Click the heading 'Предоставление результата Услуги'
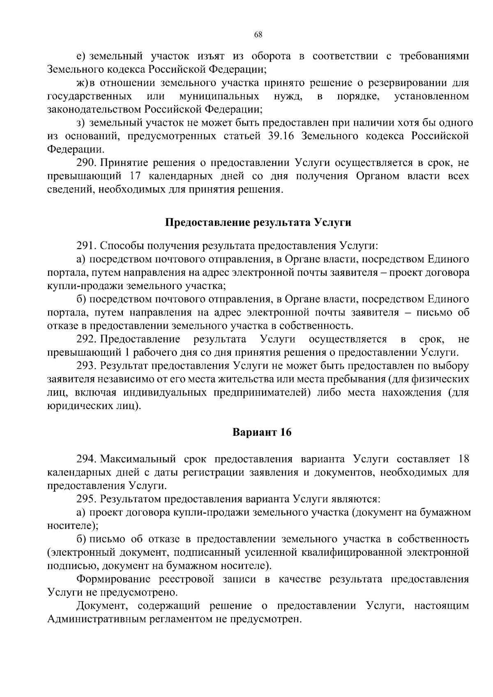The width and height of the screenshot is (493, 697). pos(258,223)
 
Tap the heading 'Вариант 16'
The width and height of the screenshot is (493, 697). pos(262,432)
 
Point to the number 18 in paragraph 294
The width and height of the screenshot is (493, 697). pos(463,459)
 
